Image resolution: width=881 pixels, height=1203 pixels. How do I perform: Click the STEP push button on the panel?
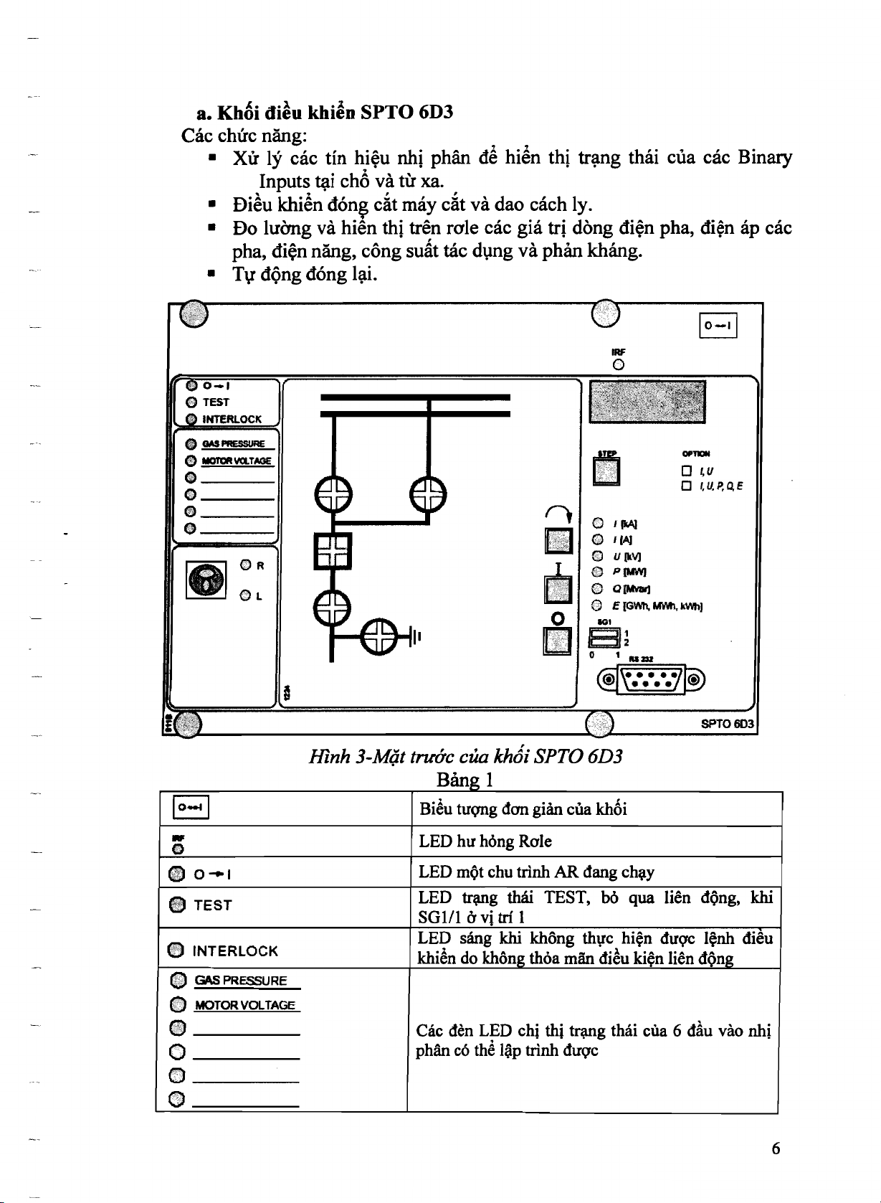click(606, 471)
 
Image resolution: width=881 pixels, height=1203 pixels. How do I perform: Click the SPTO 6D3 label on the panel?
click(727, 724)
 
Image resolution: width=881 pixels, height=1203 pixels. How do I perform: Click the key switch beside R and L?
click(205, 580)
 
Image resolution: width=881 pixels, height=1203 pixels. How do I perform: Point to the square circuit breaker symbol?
click(332, 550)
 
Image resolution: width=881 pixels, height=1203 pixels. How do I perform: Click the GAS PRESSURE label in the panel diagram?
click(234, 444)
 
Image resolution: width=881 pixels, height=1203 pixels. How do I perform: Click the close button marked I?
click(558, 590)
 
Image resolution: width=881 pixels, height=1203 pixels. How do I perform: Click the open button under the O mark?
click(558, 641)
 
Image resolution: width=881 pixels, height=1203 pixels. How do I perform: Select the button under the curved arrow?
click(558, 541)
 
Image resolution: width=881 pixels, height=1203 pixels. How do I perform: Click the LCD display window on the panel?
click(647, 402)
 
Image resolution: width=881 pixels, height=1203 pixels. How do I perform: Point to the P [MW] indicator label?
click(629, 572)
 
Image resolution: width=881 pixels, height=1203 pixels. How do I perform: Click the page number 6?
click(776, 1148)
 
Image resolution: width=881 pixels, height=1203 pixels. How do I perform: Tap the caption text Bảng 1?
click(464, 779)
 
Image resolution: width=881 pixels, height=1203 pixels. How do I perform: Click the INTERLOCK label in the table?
click(235, 951)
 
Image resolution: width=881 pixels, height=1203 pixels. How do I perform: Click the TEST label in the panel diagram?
click(216, 402)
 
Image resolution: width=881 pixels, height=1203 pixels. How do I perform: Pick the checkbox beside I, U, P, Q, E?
click(687, 486)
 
